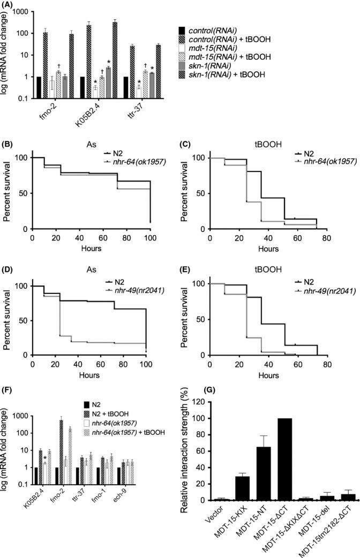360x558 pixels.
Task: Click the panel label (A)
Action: click(10, 5)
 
